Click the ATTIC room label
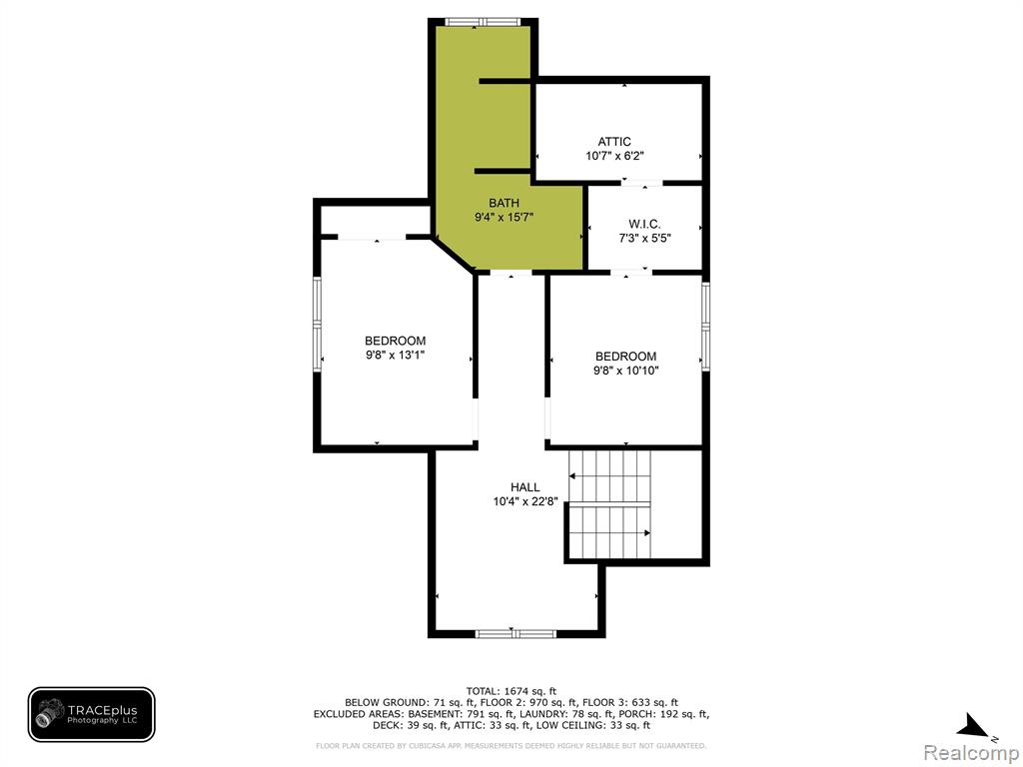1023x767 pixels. click(x=614, y=142)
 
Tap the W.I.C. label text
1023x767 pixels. click(x=644, y=225)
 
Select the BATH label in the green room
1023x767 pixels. click(x=504, y=203)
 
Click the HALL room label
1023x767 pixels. click(x=525, y=487)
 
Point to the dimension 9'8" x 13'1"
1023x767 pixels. click(x=396, y=355)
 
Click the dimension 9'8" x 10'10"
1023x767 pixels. click(x=625, y=371)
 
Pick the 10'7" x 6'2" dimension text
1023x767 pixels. click(x=614, y=156)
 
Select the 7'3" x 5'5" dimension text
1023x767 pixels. click(x=644, y=238)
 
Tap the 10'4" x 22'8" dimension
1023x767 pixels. click(x=525, y=501)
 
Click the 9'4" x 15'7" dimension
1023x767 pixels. click(x=504, y=217)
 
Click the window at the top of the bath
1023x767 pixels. click(x=483, y=22)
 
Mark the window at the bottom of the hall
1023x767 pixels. click(x=515, y=633)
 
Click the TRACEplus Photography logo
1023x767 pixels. click(x=91, y=715)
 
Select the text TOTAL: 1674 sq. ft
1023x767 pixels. click(x=511, y=691)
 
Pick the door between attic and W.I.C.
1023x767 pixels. click(x=642, y=183)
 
